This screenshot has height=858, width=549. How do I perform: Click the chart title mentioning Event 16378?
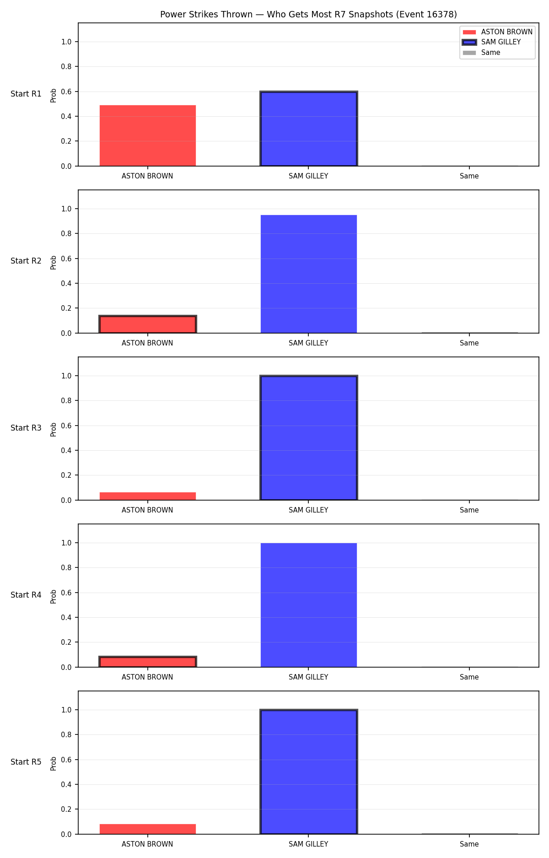[x=308, y=15]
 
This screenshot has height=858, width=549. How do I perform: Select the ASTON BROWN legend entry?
[x=498, y=32]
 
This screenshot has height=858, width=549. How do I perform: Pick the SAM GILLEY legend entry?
[x=492, y=42]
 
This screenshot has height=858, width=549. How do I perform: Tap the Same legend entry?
[x=481, y=53]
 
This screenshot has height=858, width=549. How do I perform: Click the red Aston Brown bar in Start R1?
[x=148, y=135]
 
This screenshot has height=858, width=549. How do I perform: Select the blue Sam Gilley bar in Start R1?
[x=309, y=129]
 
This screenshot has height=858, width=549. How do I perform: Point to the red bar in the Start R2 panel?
[x=148, y=324]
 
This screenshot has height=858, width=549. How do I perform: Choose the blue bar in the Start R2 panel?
[x=309, y=274]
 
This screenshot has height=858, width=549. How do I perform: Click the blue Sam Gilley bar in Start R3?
[x=309, y=438]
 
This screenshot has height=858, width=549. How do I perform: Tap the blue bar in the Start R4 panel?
[x=309, y=605]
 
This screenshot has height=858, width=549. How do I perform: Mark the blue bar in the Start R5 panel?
[x=309, y=772]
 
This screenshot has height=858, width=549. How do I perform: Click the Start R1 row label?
[x=26, y=94]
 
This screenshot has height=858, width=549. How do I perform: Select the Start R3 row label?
[x=26, y=428]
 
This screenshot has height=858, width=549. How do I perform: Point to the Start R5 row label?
[x=26, y=762]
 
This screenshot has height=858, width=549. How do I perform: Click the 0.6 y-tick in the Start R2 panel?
[x=66, y=259]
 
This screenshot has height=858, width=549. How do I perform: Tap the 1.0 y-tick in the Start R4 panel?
[x=66, y=543]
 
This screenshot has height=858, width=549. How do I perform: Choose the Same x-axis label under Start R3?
[x=469, y=510]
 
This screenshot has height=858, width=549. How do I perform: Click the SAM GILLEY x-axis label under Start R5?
[x=308, y=844]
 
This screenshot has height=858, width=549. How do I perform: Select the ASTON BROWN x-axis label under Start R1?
[x=147, y=176]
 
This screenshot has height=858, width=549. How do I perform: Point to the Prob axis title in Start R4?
[x=54, y=596]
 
